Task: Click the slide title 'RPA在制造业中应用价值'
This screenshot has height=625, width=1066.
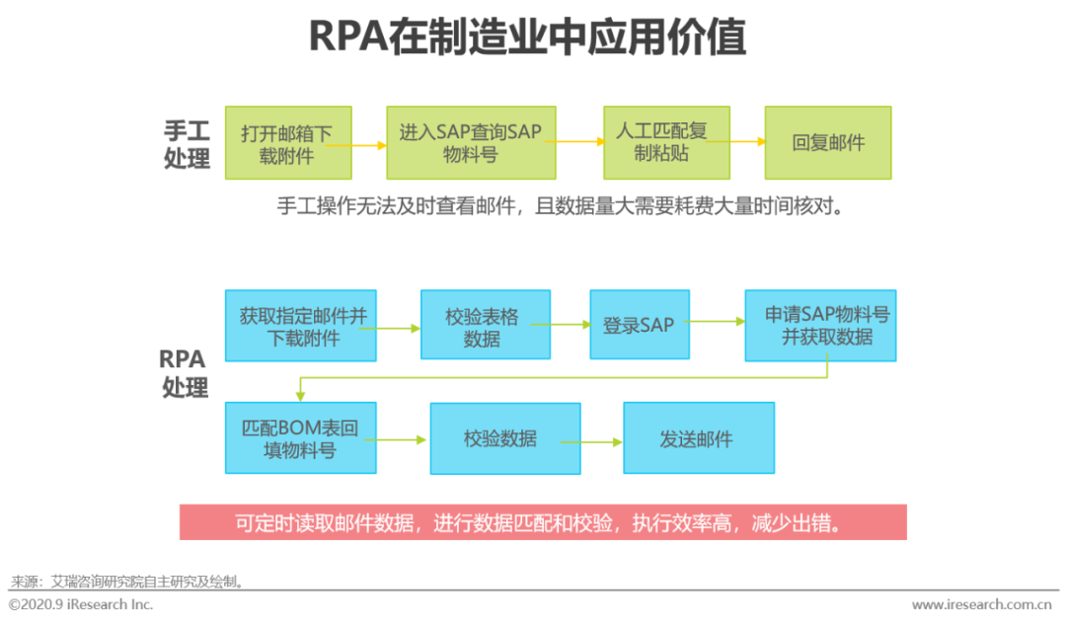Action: (527, 38)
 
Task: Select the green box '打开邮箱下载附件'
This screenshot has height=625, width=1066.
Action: (287, 143)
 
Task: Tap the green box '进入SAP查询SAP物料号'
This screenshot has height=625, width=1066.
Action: (466, 143)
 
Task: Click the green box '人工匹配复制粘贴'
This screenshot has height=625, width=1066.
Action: (662, 143)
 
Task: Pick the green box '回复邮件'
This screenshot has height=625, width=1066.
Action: (828, 143)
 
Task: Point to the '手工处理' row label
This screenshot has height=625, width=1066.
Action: (187, 144)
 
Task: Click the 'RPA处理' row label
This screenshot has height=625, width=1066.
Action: (185, 372)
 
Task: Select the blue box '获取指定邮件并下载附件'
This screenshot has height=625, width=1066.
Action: (301, 326)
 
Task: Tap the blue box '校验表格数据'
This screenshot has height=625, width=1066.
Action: (485, 326)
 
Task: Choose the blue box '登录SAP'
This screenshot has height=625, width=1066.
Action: (640, 325)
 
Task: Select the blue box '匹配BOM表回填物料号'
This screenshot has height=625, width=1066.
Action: (300, 438)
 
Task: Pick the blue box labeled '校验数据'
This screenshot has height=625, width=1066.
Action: (500, 438)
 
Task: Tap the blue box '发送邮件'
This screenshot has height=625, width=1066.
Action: (698, 438)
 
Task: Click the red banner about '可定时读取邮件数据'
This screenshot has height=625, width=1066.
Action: (543, 522)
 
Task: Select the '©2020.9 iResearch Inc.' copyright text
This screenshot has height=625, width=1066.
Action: (81, 604)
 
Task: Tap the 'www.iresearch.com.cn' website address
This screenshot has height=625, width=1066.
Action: (981, 604)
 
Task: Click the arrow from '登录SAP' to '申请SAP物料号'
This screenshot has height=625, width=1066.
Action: (717, 321)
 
